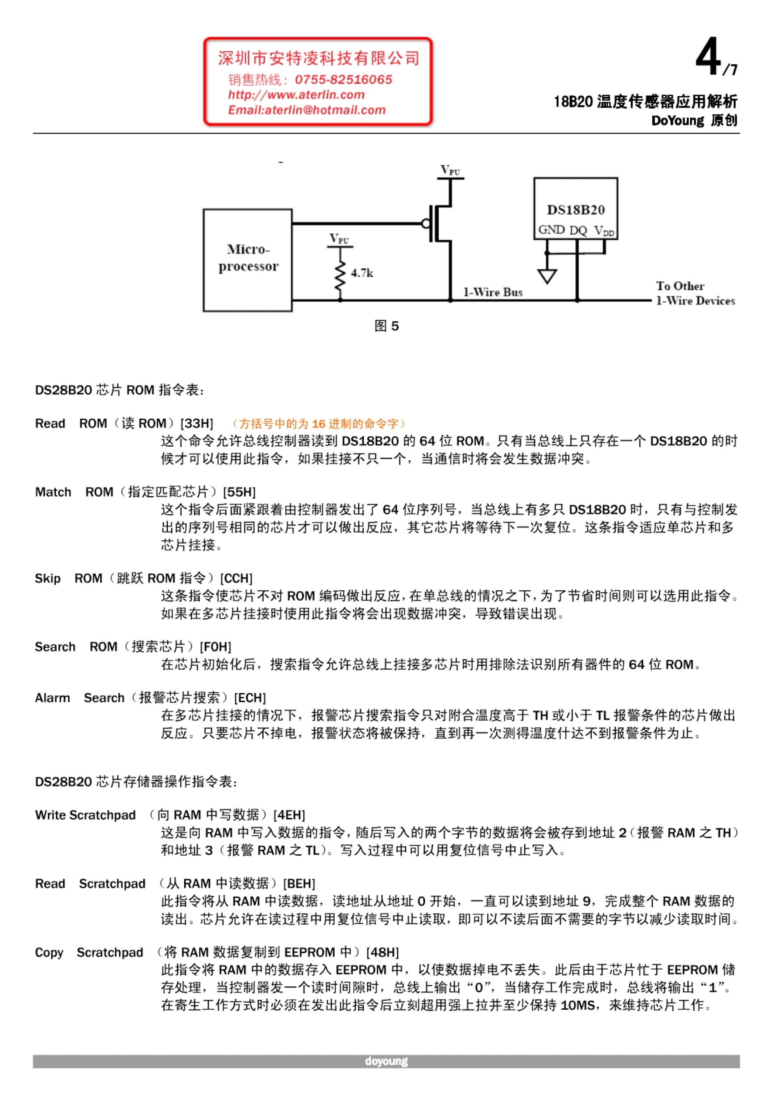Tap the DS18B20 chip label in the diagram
[x=576, y=210]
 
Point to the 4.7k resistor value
[x=362, y=273]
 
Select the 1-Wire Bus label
[x=493, y=292]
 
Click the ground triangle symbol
[x=547, y=276]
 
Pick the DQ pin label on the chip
[x=578, y=231]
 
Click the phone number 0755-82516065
[x=344, y=80]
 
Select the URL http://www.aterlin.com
[x=296, y=95]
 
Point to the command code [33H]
[x=197, y=423]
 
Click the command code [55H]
[x=240, y=492]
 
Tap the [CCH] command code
[x=236, y=578]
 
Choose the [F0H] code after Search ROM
[x=216, y=647]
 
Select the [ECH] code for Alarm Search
[x=250, y=698]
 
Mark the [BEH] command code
[x=299, y=883]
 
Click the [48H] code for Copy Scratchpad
[x=383, y=952]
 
